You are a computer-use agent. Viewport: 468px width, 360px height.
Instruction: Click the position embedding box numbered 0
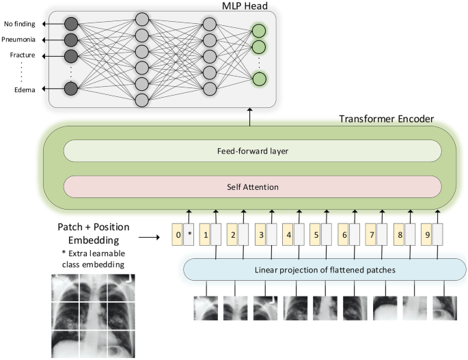[178, 235]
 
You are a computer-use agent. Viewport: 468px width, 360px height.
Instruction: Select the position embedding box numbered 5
[316, 235]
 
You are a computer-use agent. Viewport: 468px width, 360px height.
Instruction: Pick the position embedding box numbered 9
[426, 235]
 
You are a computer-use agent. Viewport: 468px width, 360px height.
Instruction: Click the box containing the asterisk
[191, 235]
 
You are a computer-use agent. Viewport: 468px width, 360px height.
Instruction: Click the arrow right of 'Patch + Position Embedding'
[150, 238]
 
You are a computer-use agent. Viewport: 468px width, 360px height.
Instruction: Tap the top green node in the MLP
[258, 30]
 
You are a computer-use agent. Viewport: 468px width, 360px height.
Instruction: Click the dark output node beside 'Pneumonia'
[70, 40]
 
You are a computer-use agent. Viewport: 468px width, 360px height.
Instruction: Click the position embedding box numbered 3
[260, 235]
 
